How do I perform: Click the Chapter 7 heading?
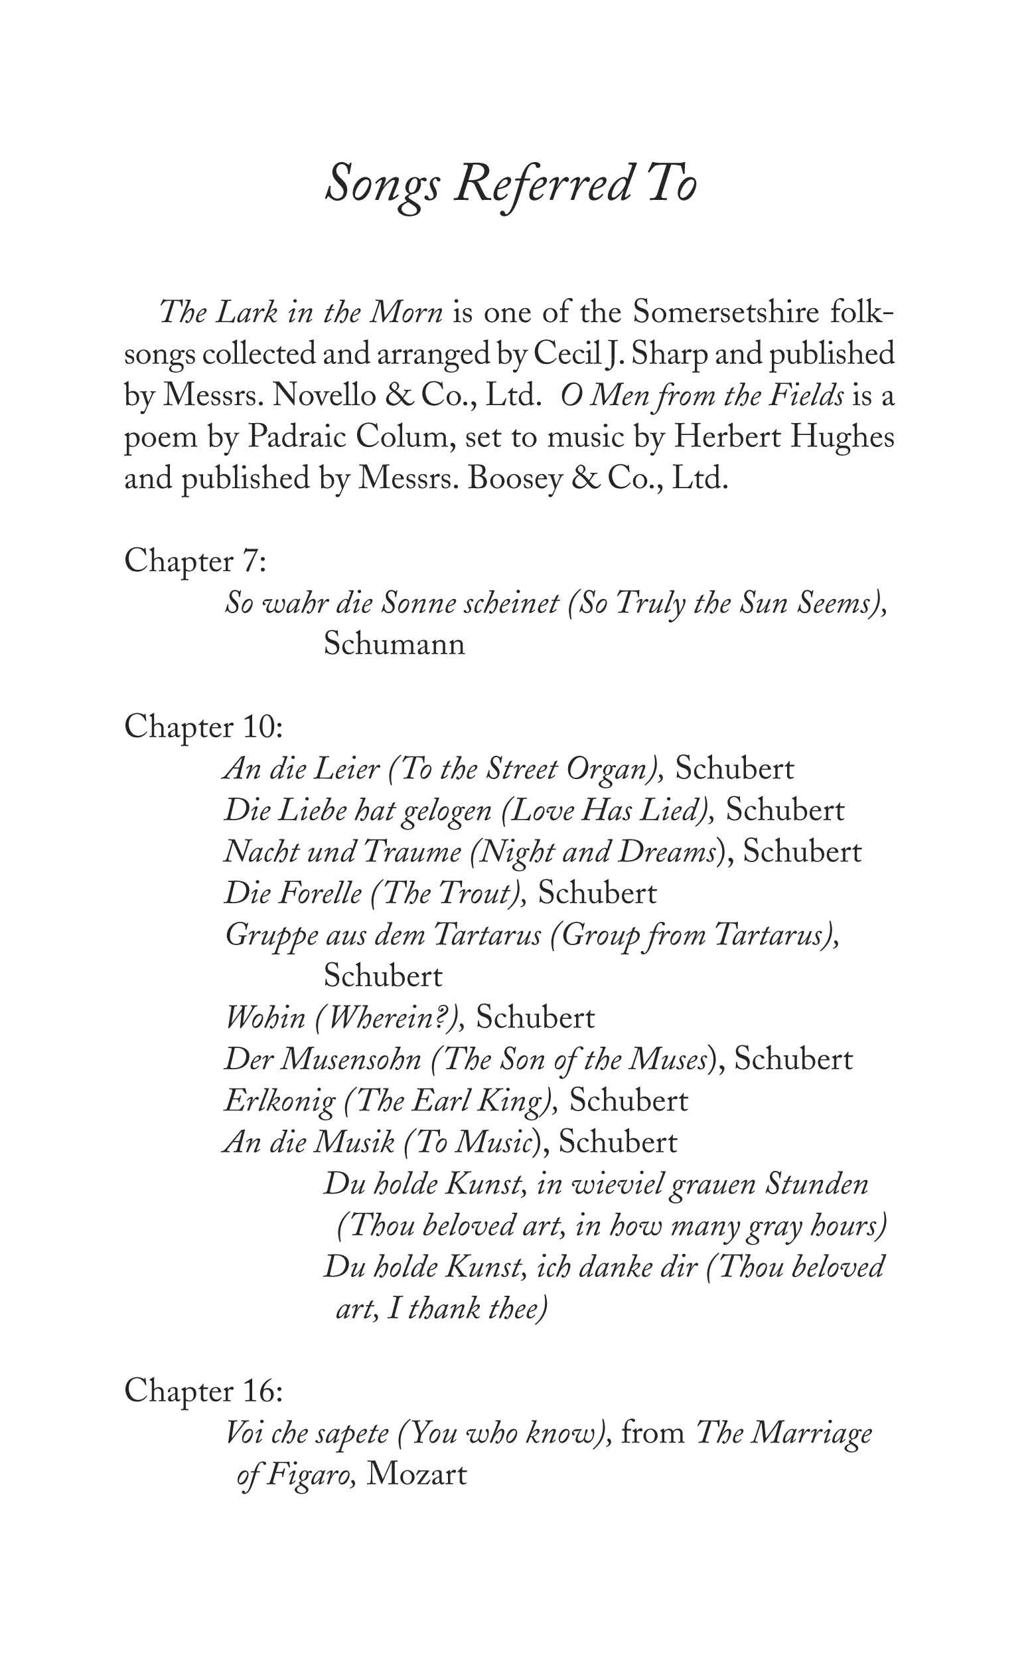194,562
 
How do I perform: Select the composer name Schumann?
394,645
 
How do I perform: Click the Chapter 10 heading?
202,727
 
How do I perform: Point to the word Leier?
346,770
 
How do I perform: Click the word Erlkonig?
280,1102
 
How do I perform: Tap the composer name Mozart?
416,1475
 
